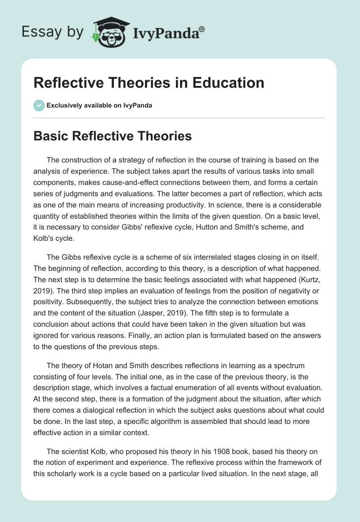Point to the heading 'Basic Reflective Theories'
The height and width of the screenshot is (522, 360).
click(x=112, y=136)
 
